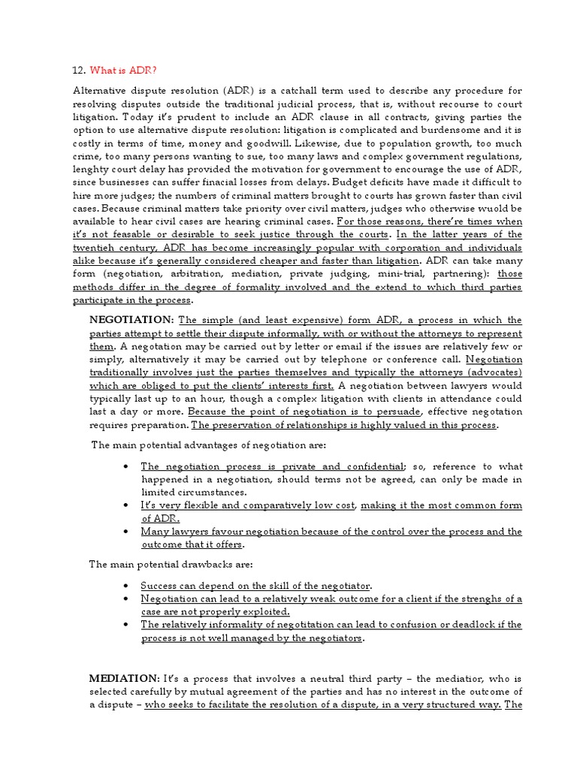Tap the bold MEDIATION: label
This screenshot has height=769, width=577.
click(x=123, y=678)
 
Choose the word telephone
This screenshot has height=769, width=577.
click(x=341, y=359)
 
